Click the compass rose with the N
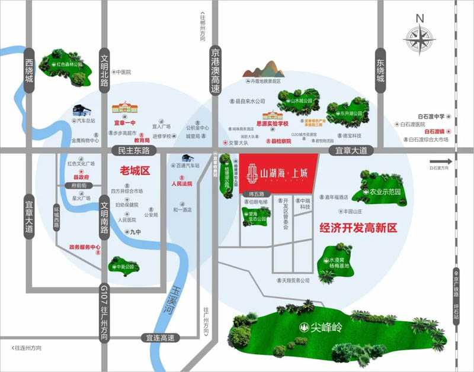[419, 40]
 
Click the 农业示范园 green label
[385, 193]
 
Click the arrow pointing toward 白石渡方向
[441, 161]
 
